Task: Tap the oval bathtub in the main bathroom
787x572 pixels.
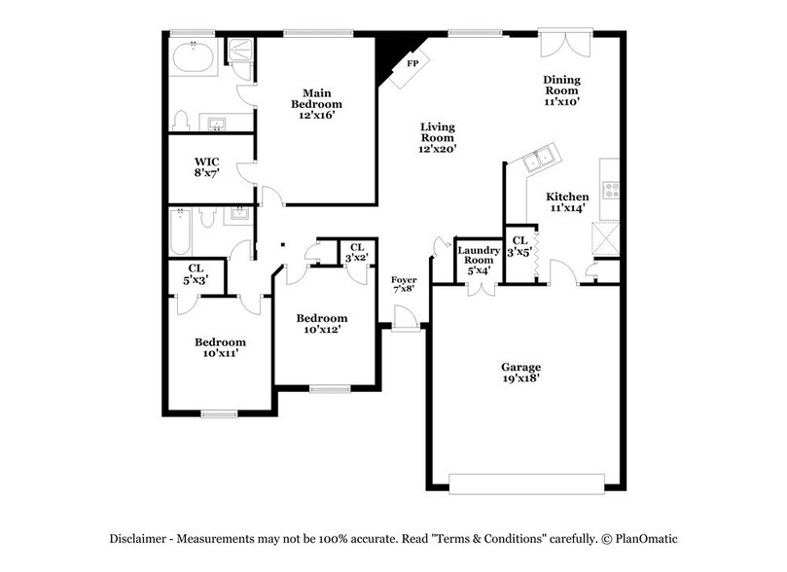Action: [194, 58]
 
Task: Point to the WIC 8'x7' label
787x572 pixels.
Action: [206, 166]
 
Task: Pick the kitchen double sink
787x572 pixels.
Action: [538, 161]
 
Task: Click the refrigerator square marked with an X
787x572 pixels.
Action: [607, 236]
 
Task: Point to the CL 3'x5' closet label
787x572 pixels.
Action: [519, 246]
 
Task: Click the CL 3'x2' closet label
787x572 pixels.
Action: [357, 252]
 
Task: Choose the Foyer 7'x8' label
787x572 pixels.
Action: [404, 284]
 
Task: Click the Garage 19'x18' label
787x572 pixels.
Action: [521, 372]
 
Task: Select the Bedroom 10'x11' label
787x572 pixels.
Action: [220, 347]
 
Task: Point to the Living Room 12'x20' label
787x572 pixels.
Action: [437, 137]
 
